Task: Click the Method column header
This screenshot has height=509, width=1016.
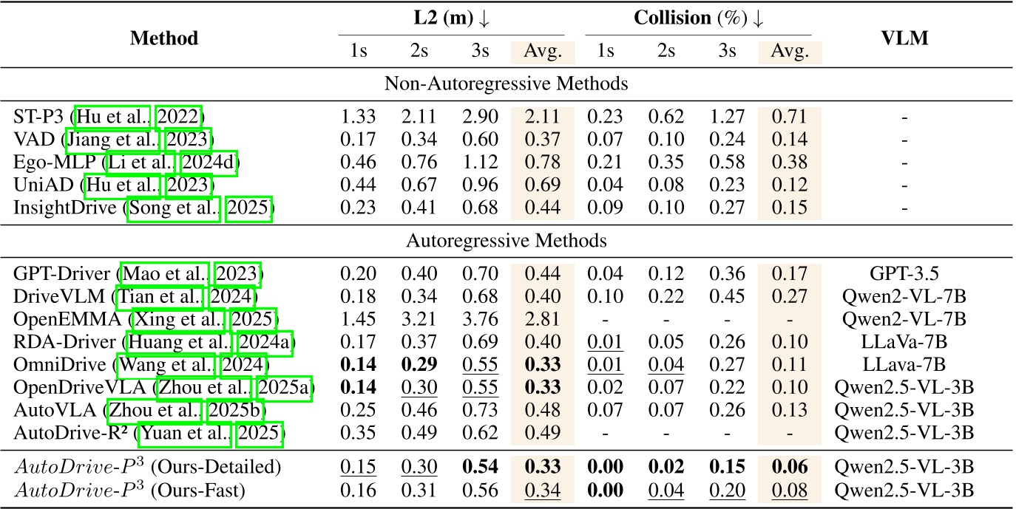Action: (x=163, y=38)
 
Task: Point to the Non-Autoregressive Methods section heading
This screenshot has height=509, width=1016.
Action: (x=507, y=84)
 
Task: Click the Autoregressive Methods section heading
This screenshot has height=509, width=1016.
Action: (x=507, y=240)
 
